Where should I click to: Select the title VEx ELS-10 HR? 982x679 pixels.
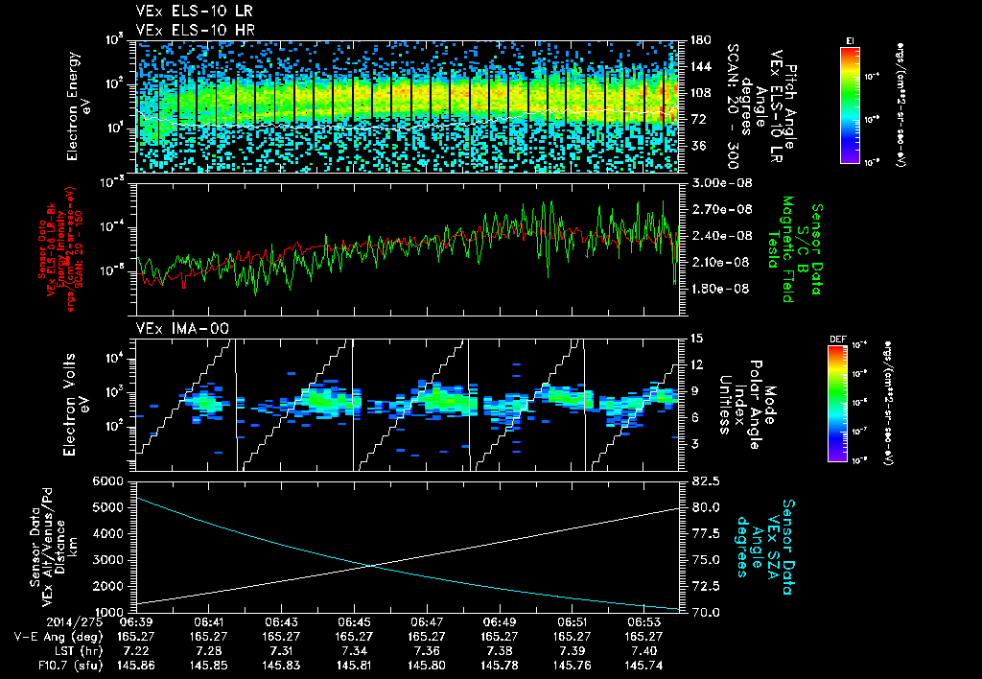click(181, 30)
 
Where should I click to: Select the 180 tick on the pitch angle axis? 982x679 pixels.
click(697, 40)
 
